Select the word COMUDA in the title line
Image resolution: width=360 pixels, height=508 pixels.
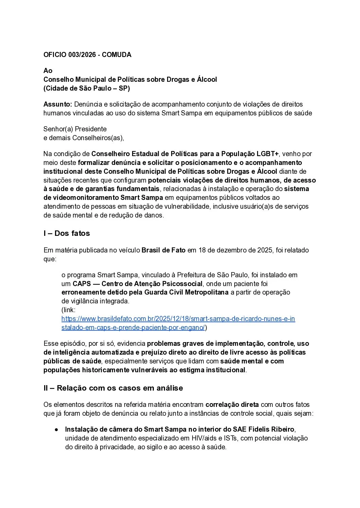click(116, 55)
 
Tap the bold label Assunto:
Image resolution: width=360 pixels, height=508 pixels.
click(57, 104)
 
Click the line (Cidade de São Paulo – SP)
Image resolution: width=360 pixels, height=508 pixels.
click(87, 88)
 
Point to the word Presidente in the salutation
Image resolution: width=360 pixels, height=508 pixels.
click(91, 129)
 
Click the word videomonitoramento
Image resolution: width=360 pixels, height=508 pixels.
click(86, 197)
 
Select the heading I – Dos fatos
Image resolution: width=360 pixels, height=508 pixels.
click(67, 233)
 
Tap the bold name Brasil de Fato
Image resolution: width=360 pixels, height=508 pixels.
click(163, 250)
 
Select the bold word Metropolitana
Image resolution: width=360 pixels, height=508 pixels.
click(206, 293)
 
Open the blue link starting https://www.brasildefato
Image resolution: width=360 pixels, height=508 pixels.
click(178, 319)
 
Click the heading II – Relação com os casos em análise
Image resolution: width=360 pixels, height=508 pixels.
click(113, 388)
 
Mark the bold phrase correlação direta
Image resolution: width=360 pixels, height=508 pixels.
click(232, 404)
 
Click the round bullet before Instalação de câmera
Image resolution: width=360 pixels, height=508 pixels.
click(56, 430)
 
